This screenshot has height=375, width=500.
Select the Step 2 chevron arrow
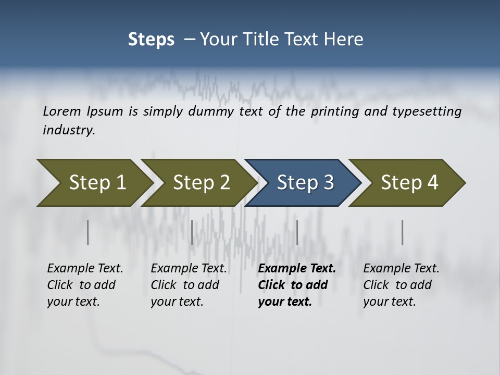click(x=198, y=183)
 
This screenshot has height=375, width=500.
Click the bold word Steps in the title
click(x=151, y=40)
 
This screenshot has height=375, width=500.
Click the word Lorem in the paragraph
click(x=61, y=111)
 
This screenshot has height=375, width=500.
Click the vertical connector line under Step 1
click(x=88, y=232)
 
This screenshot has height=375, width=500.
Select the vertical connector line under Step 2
click(x=192, y=232)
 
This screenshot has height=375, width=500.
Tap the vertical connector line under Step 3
click(x=297, y=232)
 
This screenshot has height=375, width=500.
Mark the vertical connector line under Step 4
click(x=403, y=232)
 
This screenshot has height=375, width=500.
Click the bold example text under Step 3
click(x=296, y=285)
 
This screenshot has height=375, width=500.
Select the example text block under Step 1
click(x=84, y=285)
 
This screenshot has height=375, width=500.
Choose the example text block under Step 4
click(x=401, y=285)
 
